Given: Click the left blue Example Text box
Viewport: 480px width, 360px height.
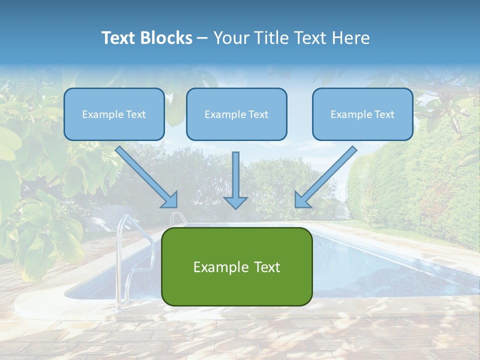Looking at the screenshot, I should coord(114,114).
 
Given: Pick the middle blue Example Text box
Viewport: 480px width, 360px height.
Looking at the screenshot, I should coord(236,114).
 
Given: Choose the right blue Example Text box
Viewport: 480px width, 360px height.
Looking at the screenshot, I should coord(362,114).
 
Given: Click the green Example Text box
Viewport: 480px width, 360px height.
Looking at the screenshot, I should coord(236,266).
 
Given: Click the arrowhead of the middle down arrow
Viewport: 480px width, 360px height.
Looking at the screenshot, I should coord(236,202).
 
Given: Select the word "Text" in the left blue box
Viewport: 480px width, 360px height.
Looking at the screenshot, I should coord(136,114).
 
